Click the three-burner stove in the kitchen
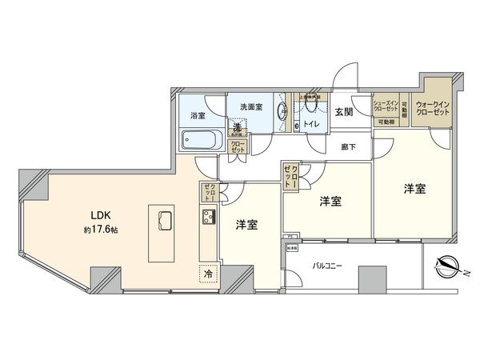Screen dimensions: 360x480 coord(208,218)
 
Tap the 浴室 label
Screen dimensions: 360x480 coord(197,116)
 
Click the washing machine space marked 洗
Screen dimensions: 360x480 coord(238,126)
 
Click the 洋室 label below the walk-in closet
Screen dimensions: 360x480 coord(414,189)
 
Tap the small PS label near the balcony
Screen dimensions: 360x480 coord(286,238)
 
